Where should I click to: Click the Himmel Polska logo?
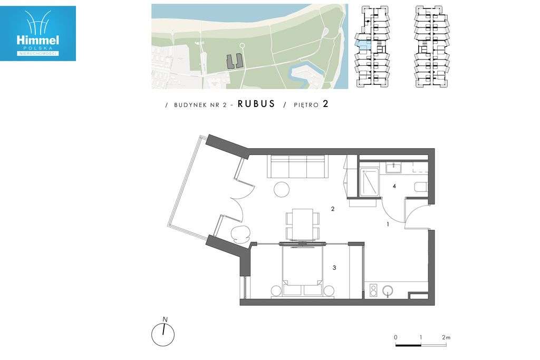pos(38,33)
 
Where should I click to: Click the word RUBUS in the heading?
pos(256,104)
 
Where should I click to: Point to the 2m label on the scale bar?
pos(446,337)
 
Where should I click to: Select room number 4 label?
pos(394,186)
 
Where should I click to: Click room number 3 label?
pos(334,268)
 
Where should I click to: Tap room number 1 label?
pos(388,224)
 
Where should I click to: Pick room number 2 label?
pos(332,209)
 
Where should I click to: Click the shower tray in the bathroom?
pos(369,181)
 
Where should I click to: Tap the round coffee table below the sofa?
pos(281,189)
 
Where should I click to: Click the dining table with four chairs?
pos(302,225)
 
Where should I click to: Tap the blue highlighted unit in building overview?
pos(362,45)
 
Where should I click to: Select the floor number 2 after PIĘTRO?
pos(326,104)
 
